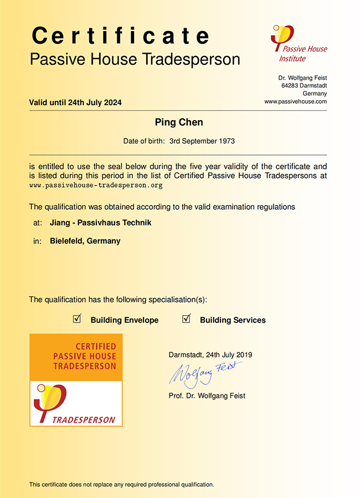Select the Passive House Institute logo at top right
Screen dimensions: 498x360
pyautogui.click(x=298, y=45)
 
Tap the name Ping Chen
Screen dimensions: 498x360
pyautogui.click(x=179, y=122)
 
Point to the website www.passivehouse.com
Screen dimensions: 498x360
pyautogui.click(x=295, y=102)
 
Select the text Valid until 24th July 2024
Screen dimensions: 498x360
pyautogui.click(x=75, y=102)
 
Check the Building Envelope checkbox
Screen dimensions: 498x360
pyautogui.click(x=78, y=319)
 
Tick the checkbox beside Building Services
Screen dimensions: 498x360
pyautogui.click(x=187, y=319)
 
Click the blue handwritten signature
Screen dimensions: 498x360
pyautogui.click(x=205, y=373)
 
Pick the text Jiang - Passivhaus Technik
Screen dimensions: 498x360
pyautogui.click(x=100, y=222)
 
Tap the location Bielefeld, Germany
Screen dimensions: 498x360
pyautogui.click(x=85, y=241)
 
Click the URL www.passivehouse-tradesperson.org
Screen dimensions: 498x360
pyautogui.click(x=96, y=185)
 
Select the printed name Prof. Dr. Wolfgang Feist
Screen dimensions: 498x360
pyautogui.click(x=207, y=396)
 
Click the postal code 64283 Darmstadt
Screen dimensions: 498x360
pyautogui.click(x=304, y=86)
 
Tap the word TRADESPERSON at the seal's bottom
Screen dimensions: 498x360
pyautogui.click(x=84, y=419)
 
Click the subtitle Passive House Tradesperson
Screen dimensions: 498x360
pyautogui.click(x=135, y=59)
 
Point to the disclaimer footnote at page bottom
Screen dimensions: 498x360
pyautogui.click(x=121, y=484)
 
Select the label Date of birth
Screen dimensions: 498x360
pyautogui.click(x=143, y=141)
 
